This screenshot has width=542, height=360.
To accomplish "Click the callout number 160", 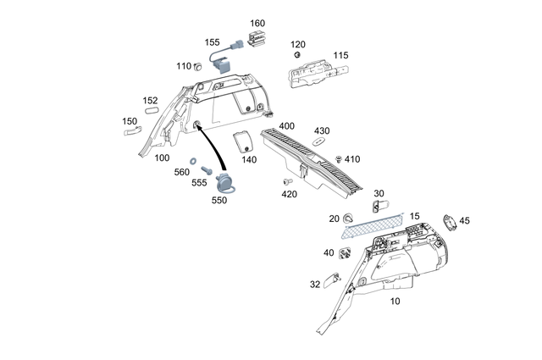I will tap(257, 23).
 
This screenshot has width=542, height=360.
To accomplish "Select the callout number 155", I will tap(212, 42).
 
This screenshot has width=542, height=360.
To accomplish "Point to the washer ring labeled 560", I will tap(195, 160).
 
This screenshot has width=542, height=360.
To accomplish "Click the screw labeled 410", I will tap(338, 158).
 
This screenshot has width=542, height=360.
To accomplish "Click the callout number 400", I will tap(286, 125).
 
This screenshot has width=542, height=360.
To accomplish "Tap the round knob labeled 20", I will tap(350, 220).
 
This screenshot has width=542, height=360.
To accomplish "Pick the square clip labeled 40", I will tap(346, 252).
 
